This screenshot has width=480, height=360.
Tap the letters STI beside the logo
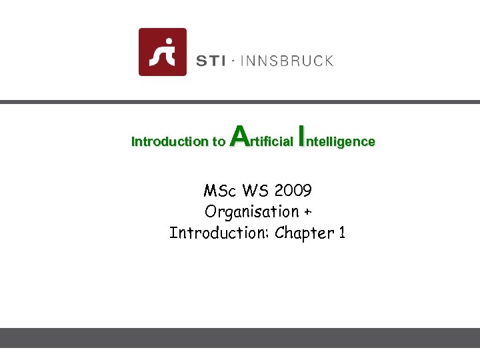point(210,61)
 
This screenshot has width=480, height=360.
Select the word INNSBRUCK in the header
point(286,61)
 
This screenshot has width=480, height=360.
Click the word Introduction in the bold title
point(169,141)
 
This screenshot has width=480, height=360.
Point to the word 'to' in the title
point(218,141)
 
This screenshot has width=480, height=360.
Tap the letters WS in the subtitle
point(255,191)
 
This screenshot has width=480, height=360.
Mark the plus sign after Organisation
point(308,213)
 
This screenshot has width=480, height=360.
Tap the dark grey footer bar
point(240,337)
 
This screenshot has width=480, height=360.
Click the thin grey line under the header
point(240,102)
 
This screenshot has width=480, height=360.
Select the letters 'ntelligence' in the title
point(342,141)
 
